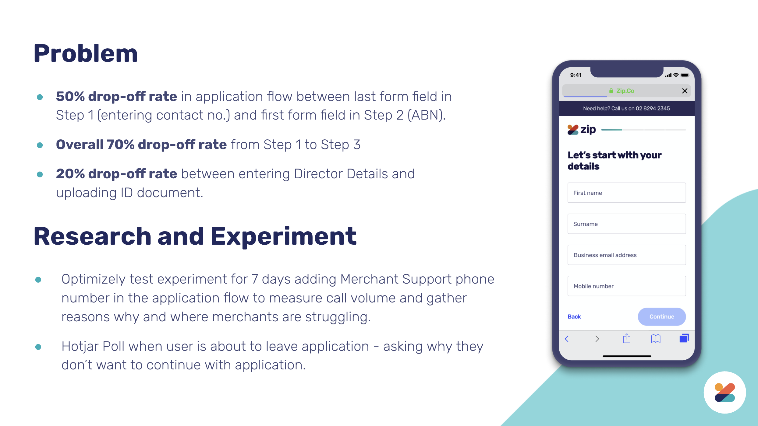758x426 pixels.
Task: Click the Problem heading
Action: (x=86, y=54)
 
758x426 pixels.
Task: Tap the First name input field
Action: (x=627, y=193)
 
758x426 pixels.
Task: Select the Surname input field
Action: (x=627, y=224)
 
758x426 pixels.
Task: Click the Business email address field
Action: (x=627, y=255)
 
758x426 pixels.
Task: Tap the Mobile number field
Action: (x=627, y=286)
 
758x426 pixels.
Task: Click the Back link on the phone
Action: (x=574, y=316)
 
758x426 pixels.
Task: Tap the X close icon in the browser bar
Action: (x=685, y=91)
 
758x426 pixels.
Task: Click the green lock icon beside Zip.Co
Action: (x=611, y=91)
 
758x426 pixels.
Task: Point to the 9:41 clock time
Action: (x=576, y=75)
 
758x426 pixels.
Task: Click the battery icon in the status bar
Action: (x=685, y=75)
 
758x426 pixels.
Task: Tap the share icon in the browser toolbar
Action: (x=627, y=338)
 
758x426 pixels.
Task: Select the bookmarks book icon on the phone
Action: (x=656, y=339)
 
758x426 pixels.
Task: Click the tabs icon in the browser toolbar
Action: (x=684, y=338)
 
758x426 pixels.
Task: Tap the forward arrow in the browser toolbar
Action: (x=597, y=339)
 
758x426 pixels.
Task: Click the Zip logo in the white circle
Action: (x=725, y=393)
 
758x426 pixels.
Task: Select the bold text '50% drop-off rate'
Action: (x=116, y=96)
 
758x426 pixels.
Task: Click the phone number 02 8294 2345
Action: (x=653, y=108)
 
